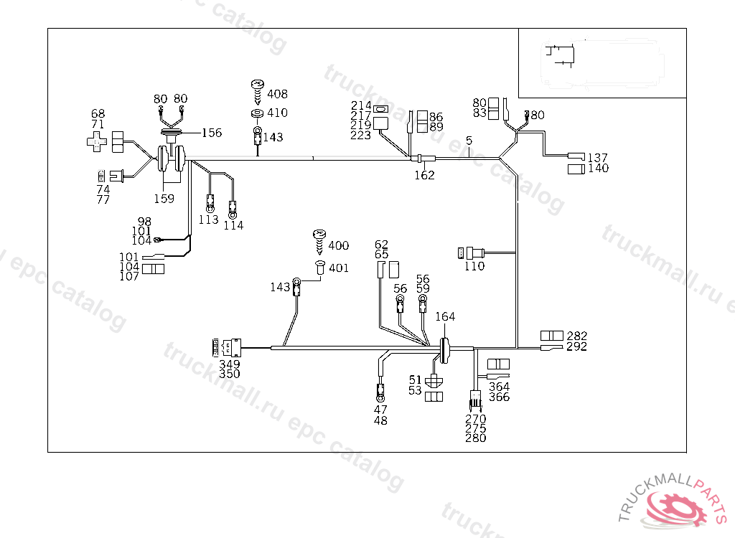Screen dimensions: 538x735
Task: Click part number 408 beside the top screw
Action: (277, 94)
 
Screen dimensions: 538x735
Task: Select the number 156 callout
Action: (212, 133)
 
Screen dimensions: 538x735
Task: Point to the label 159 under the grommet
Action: (164, 199)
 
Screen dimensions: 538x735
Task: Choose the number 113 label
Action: (208, 220)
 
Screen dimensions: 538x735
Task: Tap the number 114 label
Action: (233, 225)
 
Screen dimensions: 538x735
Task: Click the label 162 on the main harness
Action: (424, 175)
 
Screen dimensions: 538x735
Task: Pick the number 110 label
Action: (474, 266)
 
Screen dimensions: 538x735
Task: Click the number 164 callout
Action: (445, 316)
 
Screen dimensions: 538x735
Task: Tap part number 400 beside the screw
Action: (339, 246)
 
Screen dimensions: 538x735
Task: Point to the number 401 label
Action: (339, 268)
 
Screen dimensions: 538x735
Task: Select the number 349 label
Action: (230, 364)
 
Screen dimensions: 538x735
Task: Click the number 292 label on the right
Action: (576, 346)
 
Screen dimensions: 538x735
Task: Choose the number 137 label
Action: (598, 158)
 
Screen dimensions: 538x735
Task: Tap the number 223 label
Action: (361, 135)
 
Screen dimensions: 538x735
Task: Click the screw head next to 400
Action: (320, 235)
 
